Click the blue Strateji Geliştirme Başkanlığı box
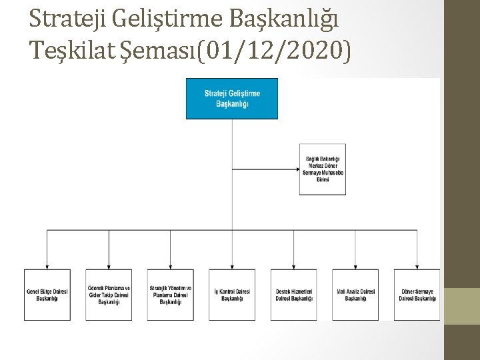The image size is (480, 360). pyautogui.click(x=232, y=99)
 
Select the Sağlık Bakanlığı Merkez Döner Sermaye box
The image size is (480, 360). pyautogui.click(x=322, y=169)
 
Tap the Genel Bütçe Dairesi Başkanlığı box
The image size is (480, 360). pyautogui.click(x=47, y=294)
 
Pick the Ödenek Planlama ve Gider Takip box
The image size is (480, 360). pyautogui.click(x=109, y=294)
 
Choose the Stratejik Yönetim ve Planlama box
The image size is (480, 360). pyautogui.click(x=171, y=294)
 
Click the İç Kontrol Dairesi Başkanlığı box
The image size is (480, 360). pyautogui.click(x=232, y=294)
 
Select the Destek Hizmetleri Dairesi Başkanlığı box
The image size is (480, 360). pyautogui.click(x=293, y=294)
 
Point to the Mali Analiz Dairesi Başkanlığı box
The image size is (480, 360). pyautogui.click(x=355, y=294)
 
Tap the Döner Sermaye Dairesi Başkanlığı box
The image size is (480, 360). pyautogui.click(x=417, y=294)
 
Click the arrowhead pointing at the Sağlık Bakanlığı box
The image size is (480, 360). pyautogui.click(x=297, y=169)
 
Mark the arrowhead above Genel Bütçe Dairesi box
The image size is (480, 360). pyautogui.click(x=47, y=266)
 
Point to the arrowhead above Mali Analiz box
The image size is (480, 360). pyautogui.click(x=355, y=266)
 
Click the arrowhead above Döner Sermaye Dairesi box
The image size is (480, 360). pyautogui.click(x=417, y=266)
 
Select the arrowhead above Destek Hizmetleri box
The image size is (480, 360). pyautogui.click(x=293, y=266)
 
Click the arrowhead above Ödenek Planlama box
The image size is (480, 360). pyautogui.click(x=109, y=266)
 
